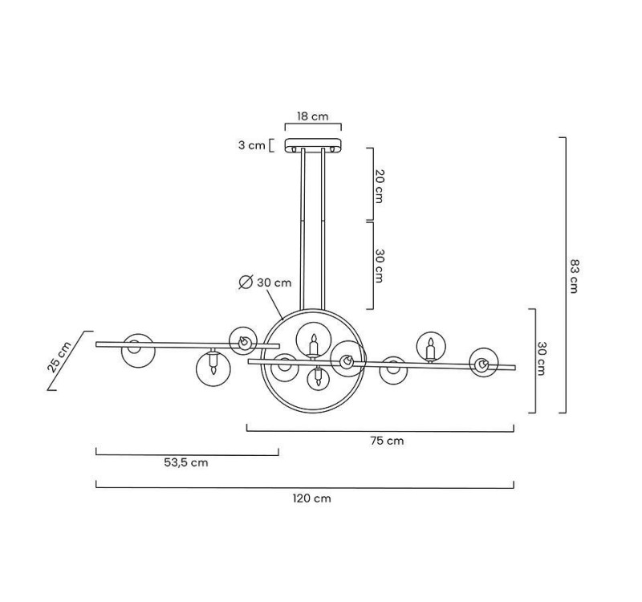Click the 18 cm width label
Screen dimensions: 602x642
[312, 116]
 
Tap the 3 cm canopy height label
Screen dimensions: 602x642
[251, 145]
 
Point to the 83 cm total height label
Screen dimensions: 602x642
[573, 275]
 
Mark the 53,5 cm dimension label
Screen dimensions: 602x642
[185, 462]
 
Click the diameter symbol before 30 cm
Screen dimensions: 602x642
[246, 282]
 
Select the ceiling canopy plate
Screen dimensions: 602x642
[312, 146]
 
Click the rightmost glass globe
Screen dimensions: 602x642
[484, 363]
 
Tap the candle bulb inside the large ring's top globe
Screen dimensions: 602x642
[314, 344]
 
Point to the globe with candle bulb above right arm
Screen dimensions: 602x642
[430, 346]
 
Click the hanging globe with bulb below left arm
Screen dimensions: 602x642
[213, 367]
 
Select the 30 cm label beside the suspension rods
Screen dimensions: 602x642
[380, 266]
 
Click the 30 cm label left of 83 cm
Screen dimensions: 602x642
[542, 359]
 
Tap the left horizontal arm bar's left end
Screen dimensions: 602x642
[98, 344]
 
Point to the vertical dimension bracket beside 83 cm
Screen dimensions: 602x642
[563, 275]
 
